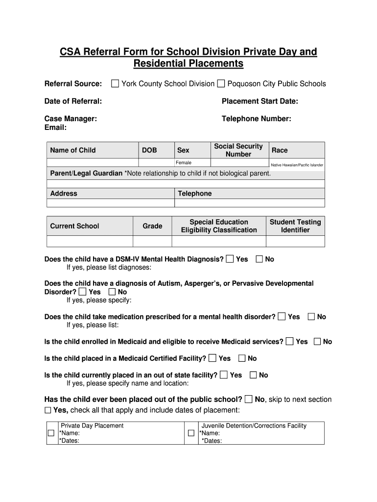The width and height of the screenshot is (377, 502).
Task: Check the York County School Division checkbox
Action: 115,84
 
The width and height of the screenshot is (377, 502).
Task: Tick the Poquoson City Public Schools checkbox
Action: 221,84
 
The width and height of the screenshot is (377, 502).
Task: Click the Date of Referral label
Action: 73,101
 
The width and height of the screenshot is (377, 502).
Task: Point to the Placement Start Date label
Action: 259,101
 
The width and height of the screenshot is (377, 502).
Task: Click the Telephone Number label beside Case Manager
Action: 256,119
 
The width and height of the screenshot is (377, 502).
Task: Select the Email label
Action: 55,127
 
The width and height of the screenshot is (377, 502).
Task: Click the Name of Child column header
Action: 73,150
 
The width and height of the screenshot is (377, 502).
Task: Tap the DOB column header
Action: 149,150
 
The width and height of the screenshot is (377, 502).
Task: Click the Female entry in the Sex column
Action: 184,163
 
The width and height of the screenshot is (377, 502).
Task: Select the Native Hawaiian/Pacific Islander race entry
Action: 297,165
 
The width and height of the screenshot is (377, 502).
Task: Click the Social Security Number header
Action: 238,150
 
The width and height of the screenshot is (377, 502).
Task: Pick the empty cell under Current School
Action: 90,241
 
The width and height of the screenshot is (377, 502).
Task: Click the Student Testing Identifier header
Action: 295,226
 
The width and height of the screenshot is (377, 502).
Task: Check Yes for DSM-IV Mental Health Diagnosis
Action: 230,259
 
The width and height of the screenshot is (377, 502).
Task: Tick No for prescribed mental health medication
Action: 311,317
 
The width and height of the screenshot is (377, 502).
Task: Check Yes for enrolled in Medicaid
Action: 290,341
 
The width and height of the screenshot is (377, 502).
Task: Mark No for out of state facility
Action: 253,375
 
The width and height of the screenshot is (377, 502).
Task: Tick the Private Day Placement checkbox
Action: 51,433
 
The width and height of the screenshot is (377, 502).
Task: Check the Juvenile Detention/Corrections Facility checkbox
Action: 191,433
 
